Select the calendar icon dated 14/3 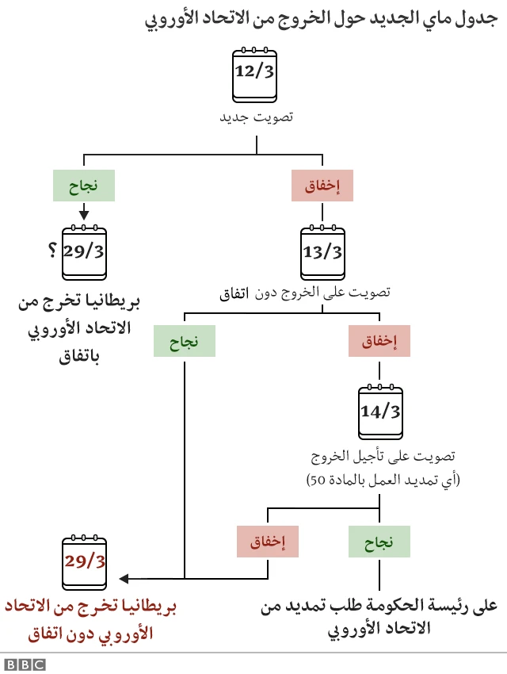[380, 412]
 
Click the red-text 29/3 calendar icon [85, 562]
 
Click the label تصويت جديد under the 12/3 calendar [255, 117]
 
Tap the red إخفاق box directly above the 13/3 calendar [322, 186]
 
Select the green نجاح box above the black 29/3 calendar [84, 186]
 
